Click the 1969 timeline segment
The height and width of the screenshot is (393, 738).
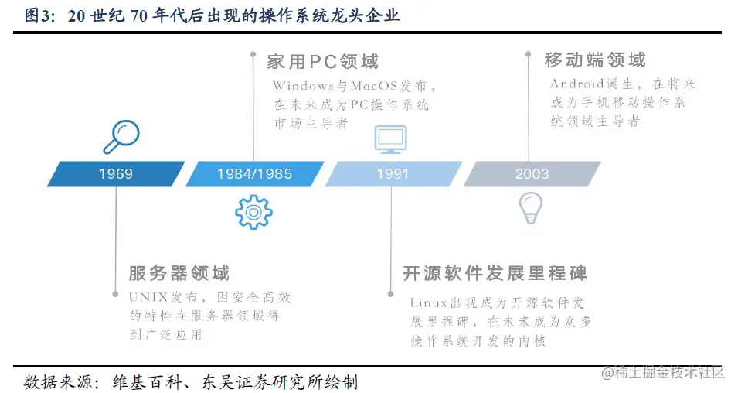(x=116, y=174)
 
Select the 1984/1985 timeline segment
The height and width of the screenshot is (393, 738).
(x=254, y=174)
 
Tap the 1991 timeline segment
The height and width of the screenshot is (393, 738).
(x=393, y=174)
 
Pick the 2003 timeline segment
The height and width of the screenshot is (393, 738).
(x=532, y=174)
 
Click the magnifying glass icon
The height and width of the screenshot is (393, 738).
(x=121, y=137)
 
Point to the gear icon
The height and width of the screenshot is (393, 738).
(x=253, y=210)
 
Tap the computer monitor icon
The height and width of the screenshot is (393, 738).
(x=391, y=139)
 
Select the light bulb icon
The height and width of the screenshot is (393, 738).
(x=530, y=207)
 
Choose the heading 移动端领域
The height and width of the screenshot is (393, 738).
(x=595, y=60)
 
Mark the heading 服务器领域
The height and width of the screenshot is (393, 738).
(x=179, y=273)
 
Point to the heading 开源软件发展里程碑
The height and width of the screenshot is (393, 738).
(x=495, y=273)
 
